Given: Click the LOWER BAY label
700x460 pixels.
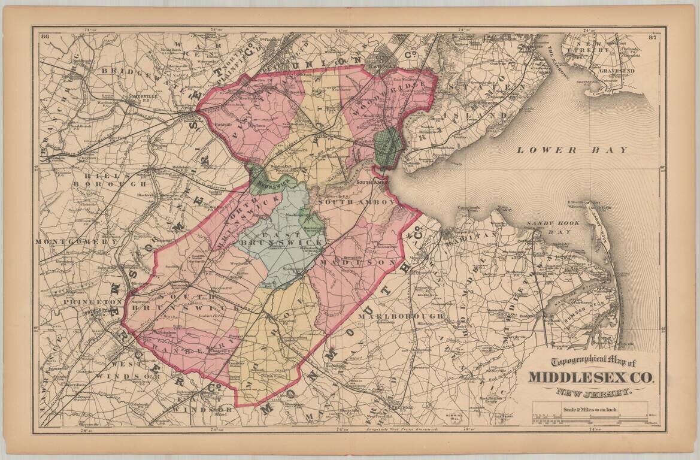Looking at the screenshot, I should [572, 150].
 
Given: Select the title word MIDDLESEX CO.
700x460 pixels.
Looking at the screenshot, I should [591, 378].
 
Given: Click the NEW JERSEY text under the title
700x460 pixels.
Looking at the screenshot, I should [593, 393].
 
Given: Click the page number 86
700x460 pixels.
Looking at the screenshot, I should [45, 37].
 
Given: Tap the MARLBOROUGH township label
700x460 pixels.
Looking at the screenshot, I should [402, 316].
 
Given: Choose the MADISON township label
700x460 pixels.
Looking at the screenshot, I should [357, 262].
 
